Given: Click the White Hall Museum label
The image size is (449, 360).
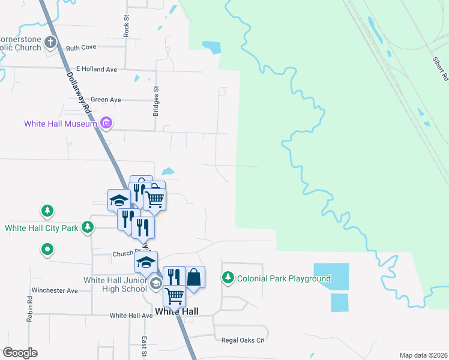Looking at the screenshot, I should (x=60, y=124).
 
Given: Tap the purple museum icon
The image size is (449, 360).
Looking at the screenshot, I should (x=106, y=124).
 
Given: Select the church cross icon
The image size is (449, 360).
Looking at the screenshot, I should (x=51, y=43).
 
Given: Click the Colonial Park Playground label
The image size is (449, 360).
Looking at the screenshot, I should (x=284, y=278).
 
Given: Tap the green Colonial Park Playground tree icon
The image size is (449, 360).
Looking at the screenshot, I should (x=228, y=278).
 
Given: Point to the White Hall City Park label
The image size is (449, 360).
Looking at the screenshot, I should (x=41, y=228).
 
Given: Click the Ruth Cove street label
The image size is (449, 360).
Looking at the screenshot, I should (x=81, y=47).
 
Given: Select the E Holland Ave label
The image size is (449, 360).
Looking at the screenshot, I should (x=92, y=70).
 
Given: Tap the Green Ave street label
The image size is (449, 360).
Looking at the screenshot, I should (x=106, y=100).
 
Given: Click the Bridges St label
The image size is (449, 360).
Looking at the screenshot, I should (x=156, y=101).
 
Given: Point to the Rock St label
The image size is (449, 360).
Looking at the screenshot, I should (x=126, y=26).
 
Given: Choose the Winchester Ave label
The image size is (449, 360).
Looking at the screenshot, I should (x=55, y=290).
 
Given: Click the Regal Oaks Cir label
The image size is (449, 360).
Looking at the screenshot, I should (x=243, y=340).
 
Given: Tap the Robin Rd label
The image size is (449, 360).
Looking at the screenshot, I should (x=29, y=308).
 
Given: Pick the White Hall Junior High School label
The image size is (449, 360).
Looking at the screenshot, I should (x=115, y=284).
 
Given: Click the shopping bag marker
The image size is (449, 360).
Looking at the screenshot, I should (x=194, y=277).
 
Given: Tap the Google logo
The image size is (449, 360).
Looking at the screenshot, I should (x=20, y=353).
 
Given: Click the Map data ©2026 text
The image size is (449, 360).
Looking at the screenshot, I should (x=423, y=355).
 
